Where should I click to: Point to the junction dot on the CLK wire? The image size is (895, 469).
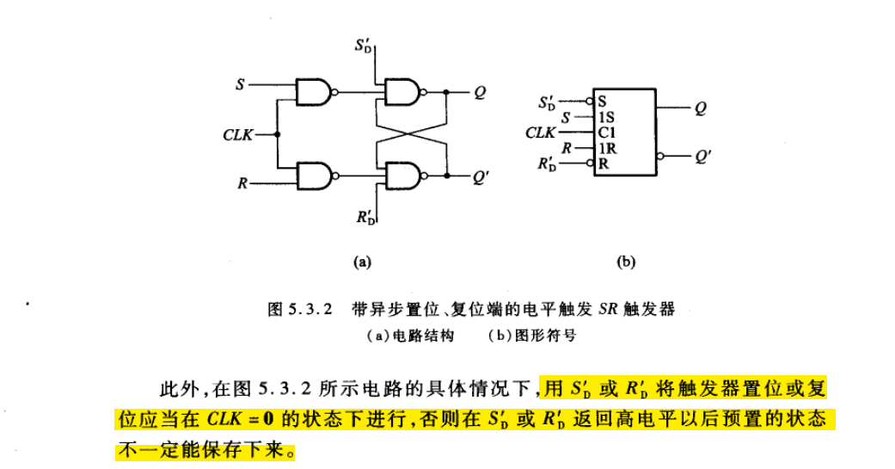tap(278, 134)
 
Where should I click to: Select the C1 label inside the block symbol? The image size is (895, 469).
tap(606, 132)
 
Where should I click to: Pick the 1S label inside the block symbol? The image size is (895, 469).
tap(606, 116)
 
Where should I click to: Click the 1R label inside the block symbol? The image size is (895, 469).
tap(607, 147)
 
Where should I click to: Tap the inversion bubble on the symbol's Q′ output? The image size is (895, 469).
tap(660, 157)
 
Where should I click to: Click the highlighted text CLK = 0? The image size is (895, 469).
tap(242, 420)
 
